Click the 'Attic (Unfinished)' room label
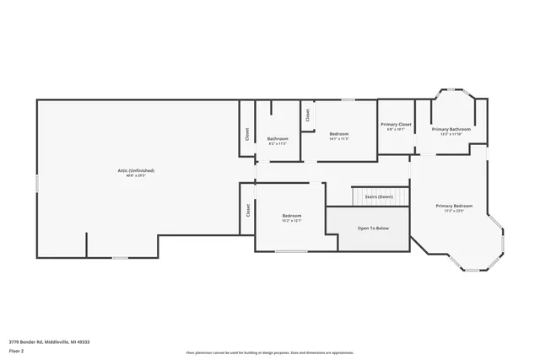[x=136, y=170]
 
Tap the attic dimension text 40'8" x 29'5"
[x=136, y=176]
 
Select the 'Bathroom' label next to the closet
[x=278, y=138]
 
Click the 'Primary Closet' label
[x=396, y=124]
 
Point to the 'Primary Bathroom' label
[x=451, y=129]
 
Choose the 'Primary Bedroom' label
[x=454, y=206]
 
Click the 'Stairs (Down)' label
[x=379, y=196]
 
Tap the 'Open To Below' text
[x=373, y=228]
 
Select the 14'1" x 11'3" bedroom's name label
[x=339, y=134]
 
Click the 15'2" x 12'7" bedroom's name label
[x=291, y=216]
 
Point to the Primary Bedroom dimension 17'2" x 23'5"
[x=454, y=212]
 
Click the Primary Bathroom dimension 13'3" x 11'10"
[x=451, y=134]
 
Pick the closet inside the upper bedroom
[x=308, y=116]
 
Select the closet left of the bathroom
[x=247, y=133]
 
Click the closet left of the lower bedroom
[x=247, y=211]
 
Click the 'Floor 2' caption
[x=16, y=350]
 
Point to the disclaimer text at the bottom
[x=270, y=352]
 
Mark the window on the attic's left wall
[x=37, y=182]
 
